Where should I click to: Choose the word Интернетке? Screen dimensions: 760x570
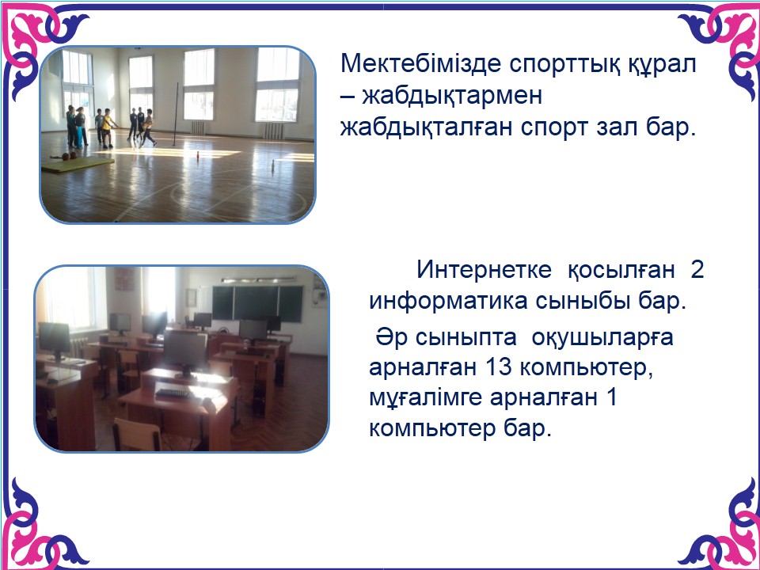[x=484, y=269]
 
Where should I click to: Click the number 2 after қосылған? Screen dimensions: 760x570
[x=697, y=270]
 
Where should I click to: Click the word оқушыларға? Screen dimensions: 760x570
[x=602, y=338]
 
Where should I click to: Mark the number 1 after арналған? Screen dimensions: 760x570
[x=612, y=398]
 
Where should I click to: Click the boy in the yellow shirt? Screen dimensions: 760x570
[x=107, y=127]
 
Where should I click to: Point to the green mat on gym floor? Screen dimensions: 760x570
[x=78, y=164]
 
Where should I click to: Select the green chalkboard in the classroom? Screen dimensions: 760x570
[x=257, y=303]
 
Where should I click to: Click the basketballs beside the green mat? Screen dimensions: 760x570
[x=70, y=156]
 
